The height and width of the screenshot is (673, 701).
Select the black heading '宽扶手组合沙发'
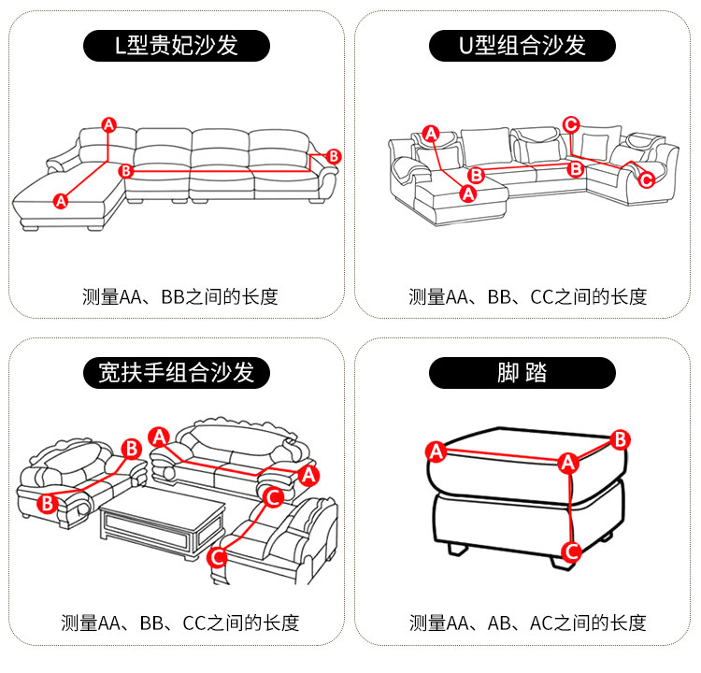176,373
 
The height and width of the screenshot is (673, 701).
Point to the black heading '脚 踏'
522,373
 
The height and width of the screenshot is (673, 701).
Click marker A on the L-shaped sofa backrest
108,124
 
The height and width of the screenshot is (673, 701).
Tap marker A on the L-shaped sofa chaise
62,199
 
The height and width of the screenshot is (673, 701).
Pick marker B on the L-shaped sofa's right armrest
335,156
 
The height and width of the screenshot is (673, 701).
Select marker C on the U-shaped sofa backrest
572,123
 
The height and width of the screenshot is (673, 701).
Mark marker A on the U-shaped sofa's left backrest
431,134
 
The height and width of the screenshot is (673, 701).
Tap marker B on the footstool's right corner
619,438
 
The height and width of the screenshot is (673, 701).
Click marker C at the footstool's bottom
568,551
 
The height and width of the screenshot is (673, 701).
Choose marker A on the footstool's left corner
435,451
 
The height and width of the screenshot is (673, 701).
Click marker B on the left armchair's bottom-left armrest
47,504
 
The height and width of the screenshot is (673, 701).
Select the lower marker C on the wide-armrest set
217,558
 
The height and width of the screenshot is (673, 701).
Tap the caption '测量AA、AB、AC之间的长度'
527,623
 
